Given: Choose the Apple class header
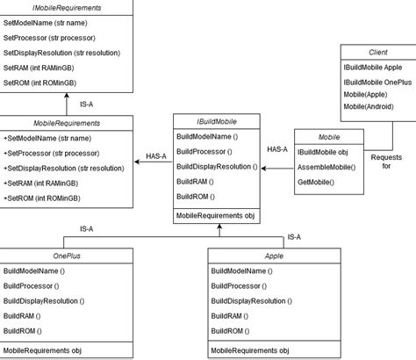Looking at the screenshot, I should pyautogui.click(x=273, y=256).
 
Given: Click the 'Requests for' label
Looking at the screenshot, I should pyautogui.click(x=386, y=161).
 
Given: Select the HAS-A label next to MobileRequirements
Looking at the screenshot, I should pyautogui.click(x=158, y=159).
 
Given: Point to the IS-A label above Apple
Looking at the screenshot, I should pyautogui.click(x=295, y=237).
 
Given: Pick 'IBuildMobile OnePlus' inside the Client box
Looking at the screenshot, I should pyautogui.click(x=377, y=82).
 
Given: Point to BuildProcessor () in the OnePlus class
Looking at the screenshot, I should pyautogui.click(x=32, y=286).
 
